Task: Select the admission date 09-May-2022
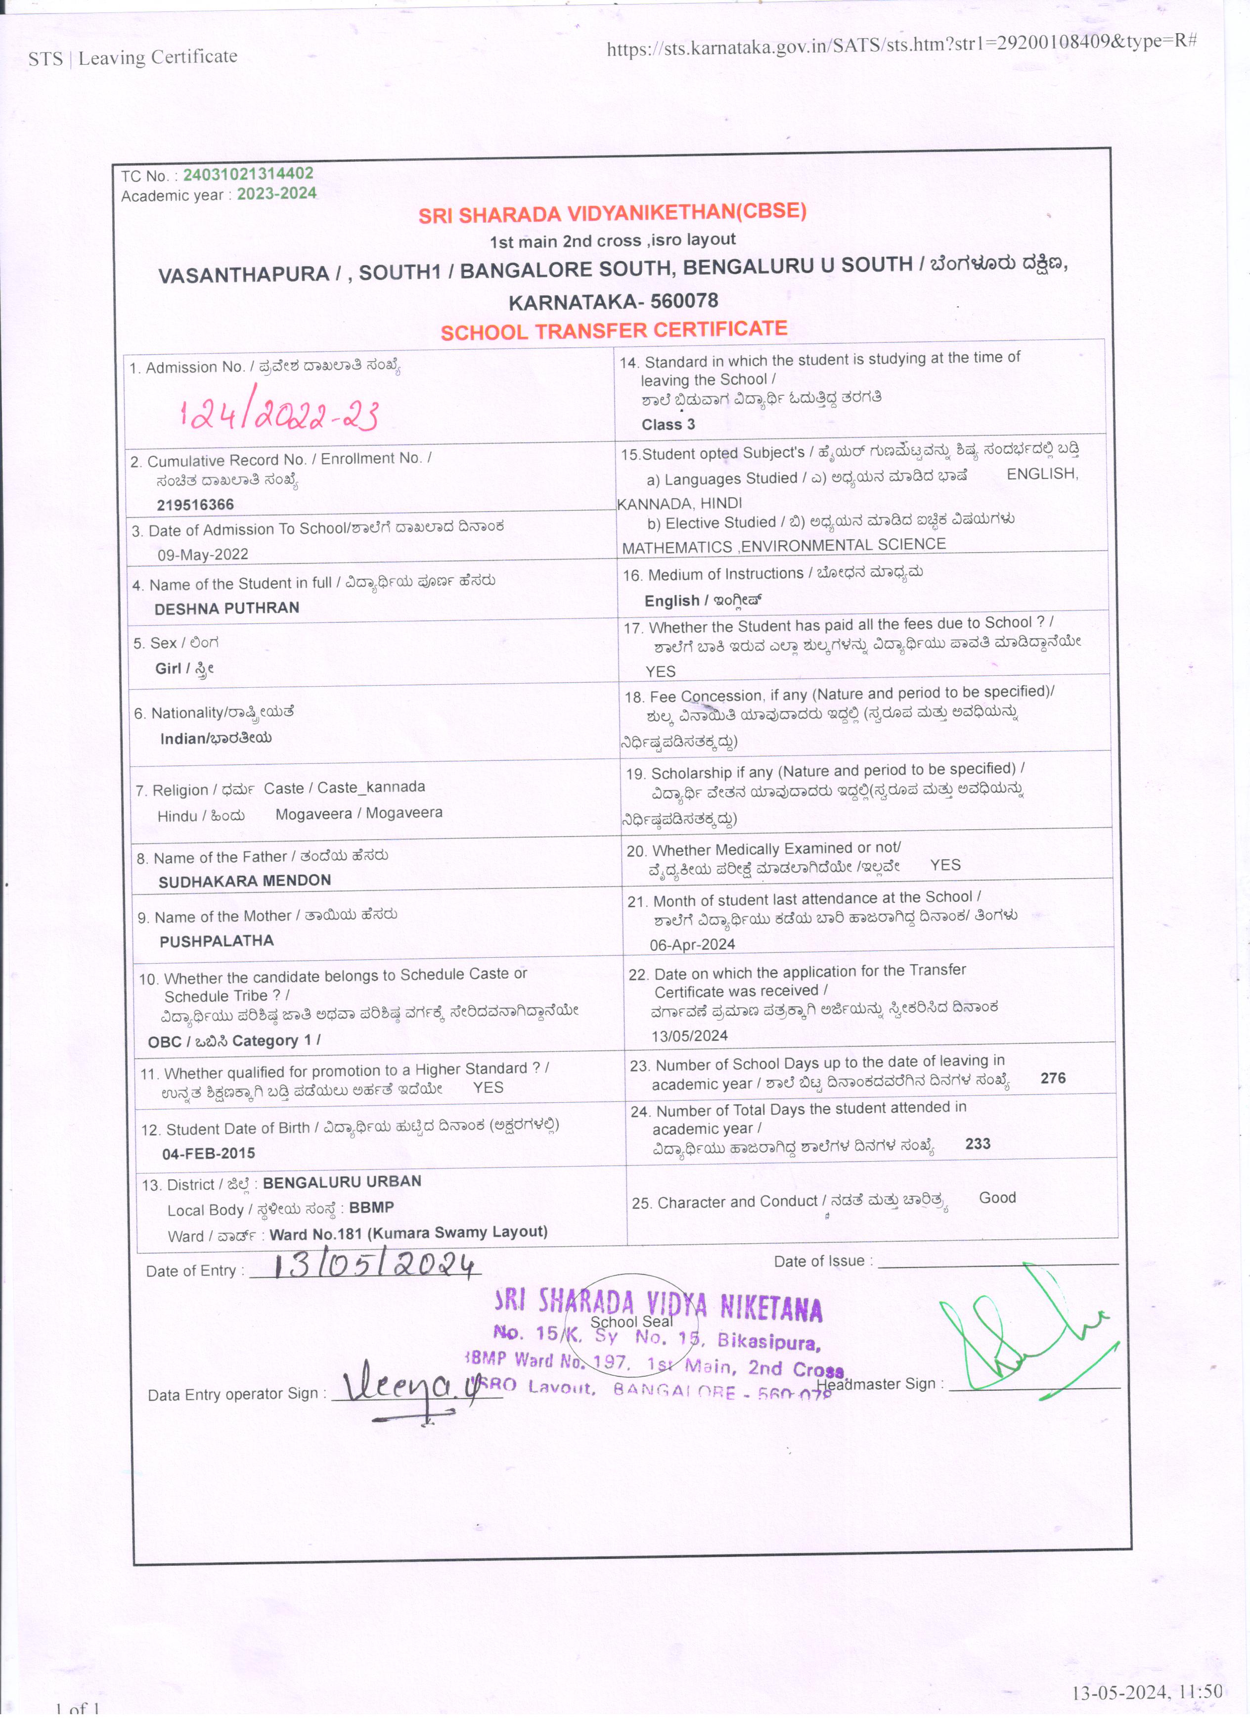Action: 203,555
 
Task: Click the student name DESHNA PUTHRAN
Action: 226,608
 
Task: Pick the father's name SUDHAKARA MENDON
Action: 245,881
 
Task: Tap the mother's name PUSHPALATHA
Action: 217,941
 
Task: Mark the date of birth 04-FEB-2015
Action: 208,1154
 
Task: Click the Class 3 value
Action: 668,424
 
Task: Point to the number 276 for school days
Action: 1053,1078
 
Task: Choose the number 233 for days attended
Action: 978,1144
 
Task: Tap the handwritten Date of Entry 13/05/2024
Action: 375,1266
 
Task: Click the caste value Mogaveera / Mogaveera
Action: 358,814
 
